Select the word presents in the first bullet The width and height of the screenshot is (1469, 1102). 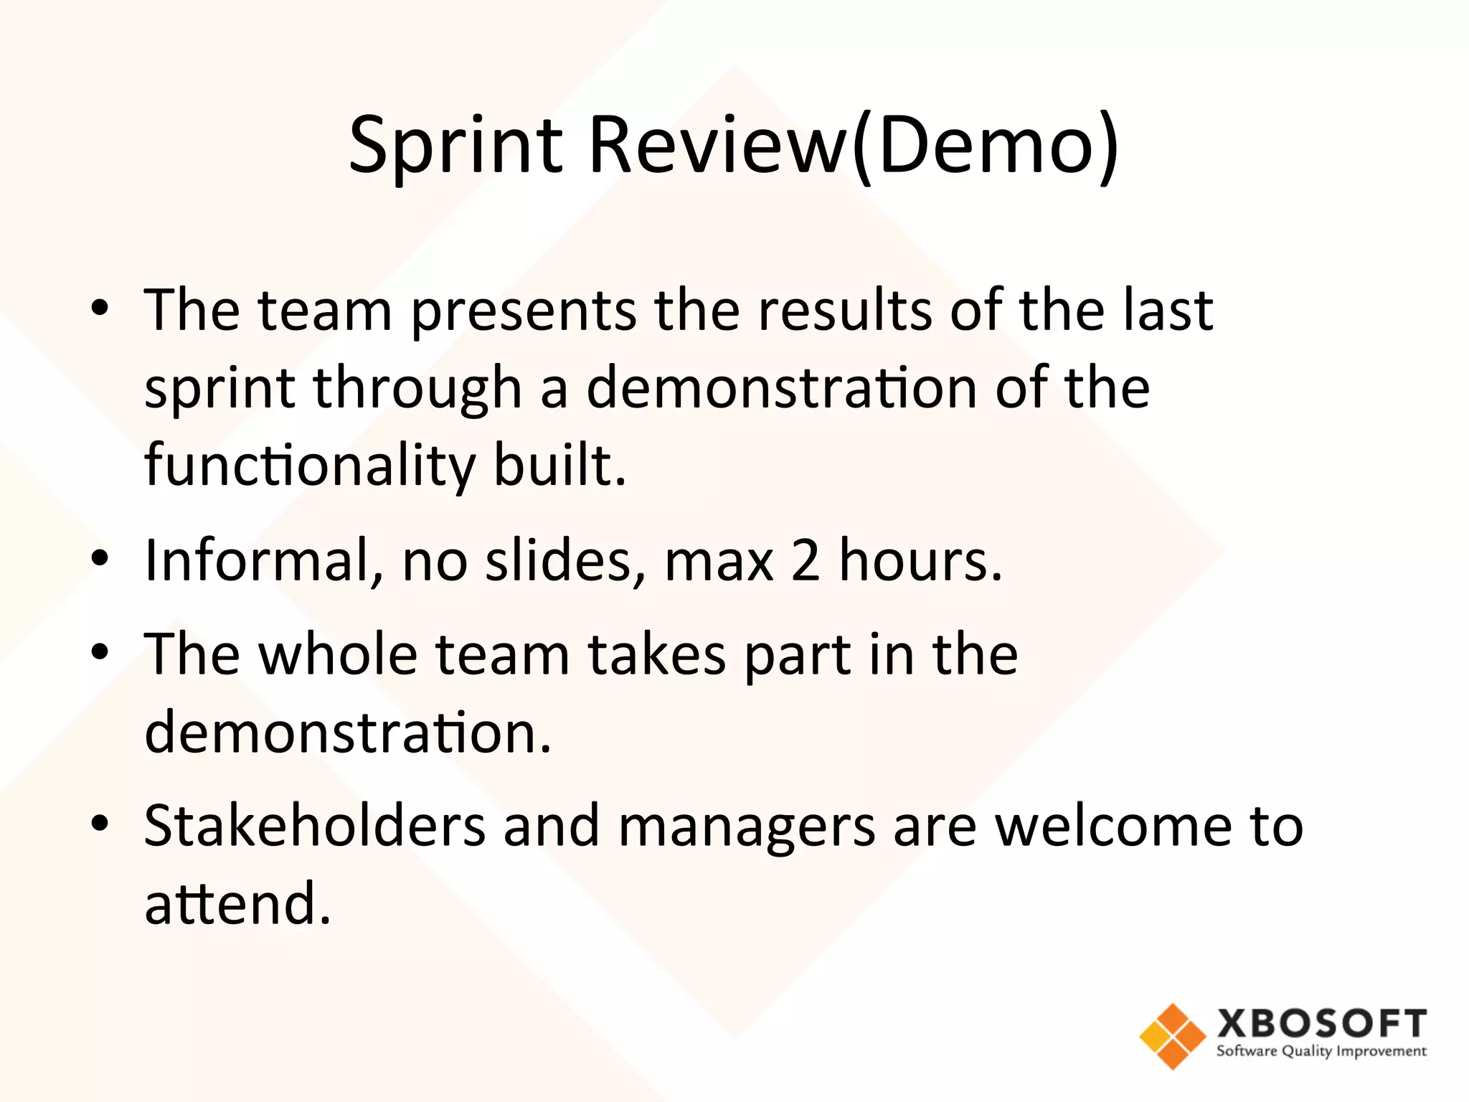click(524, 312)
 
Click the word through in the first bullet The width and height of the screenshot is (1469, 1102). click(417, 390)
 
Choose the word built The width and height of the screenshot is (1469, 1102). click(559, 465)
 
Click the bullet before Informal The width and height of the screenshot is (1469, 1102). click(100, 558)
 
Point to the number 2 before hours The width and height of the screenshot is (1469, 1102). click(806, 560)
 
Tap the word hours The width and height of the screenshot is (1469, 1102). click(920, 560)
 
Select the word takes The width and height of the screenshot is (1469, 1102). click(656, 654)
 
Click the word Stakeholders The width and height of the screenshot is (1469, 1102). click(314, 826)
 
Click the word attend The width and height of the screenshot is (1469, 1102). click(237, 903)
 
